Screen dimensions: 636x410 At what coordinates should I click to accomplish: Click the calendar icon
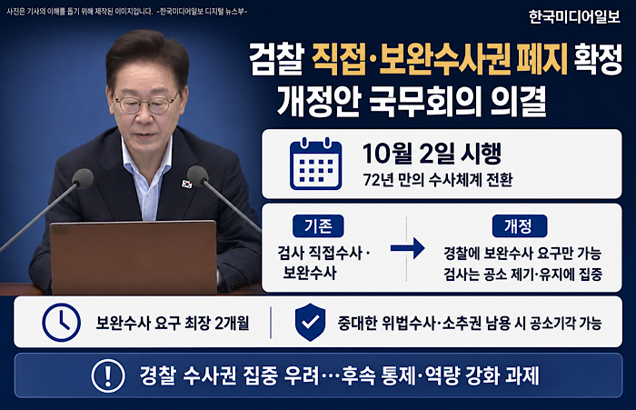click(x=315, y=164)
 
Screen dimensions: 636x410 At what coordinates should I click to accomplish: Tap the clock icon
click(x=61, y=322)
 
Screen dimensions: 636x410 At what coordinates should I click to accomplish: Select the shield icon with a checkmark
click(x=310, y=322)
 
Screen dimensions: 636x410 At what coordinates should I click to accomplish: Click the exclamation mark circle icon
click(x=108, y=375)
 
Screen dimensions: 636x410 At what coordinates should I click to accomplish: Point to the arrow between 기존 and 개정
click(x=407, y=247)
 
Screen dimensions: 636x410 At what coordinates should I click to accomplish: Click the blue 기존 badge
click(x=318, y=226)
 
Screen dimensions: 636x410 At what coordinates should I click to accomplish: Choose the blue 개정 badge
click(x=519, y=226)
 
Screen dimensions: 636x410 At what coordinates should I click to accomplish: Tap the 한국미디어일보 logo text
click(x=574, y=16)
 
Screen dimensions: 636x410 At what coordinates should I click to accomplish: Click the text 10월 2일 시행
click(x=432, y=154)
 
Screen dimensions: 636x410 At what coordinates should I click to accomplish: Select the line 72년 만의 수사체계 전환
click(x=438, y=180)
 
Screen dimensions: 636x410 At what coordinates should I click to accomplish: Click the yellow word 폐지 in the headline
click(x=542, y=59)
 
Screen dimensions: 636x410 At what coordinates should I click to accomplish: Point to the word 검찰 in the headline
click(x=276, y=59)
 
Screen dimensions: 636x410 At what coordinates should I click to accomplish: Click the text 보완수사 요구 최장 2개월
click(x=173, y=323)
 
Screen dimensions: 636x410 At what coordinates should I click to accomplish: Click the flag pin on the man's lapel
click(x=186, y=184)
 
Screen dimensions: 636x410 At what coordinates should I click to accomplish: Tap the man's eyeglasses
click(x=147, y=103)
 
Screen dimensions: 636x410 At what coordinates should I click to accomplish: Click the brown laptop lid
click(x=133, y=257)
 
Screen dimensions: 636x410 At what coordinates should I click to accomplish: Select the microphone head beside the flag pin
click(x=197, y=175)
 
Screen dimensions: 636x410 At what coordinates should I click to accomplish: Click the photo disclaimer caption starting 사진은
click(x=126, y=12)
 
